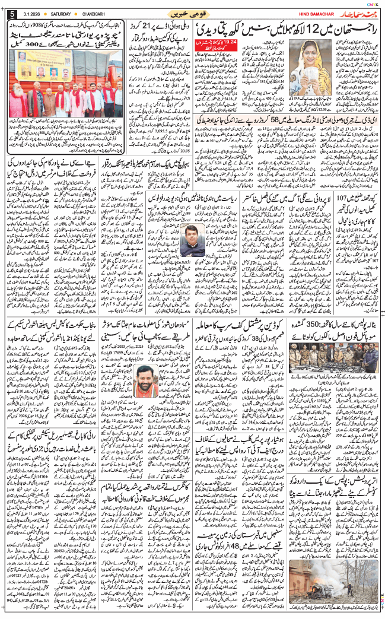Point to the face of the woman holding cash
tap(315, 51)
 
